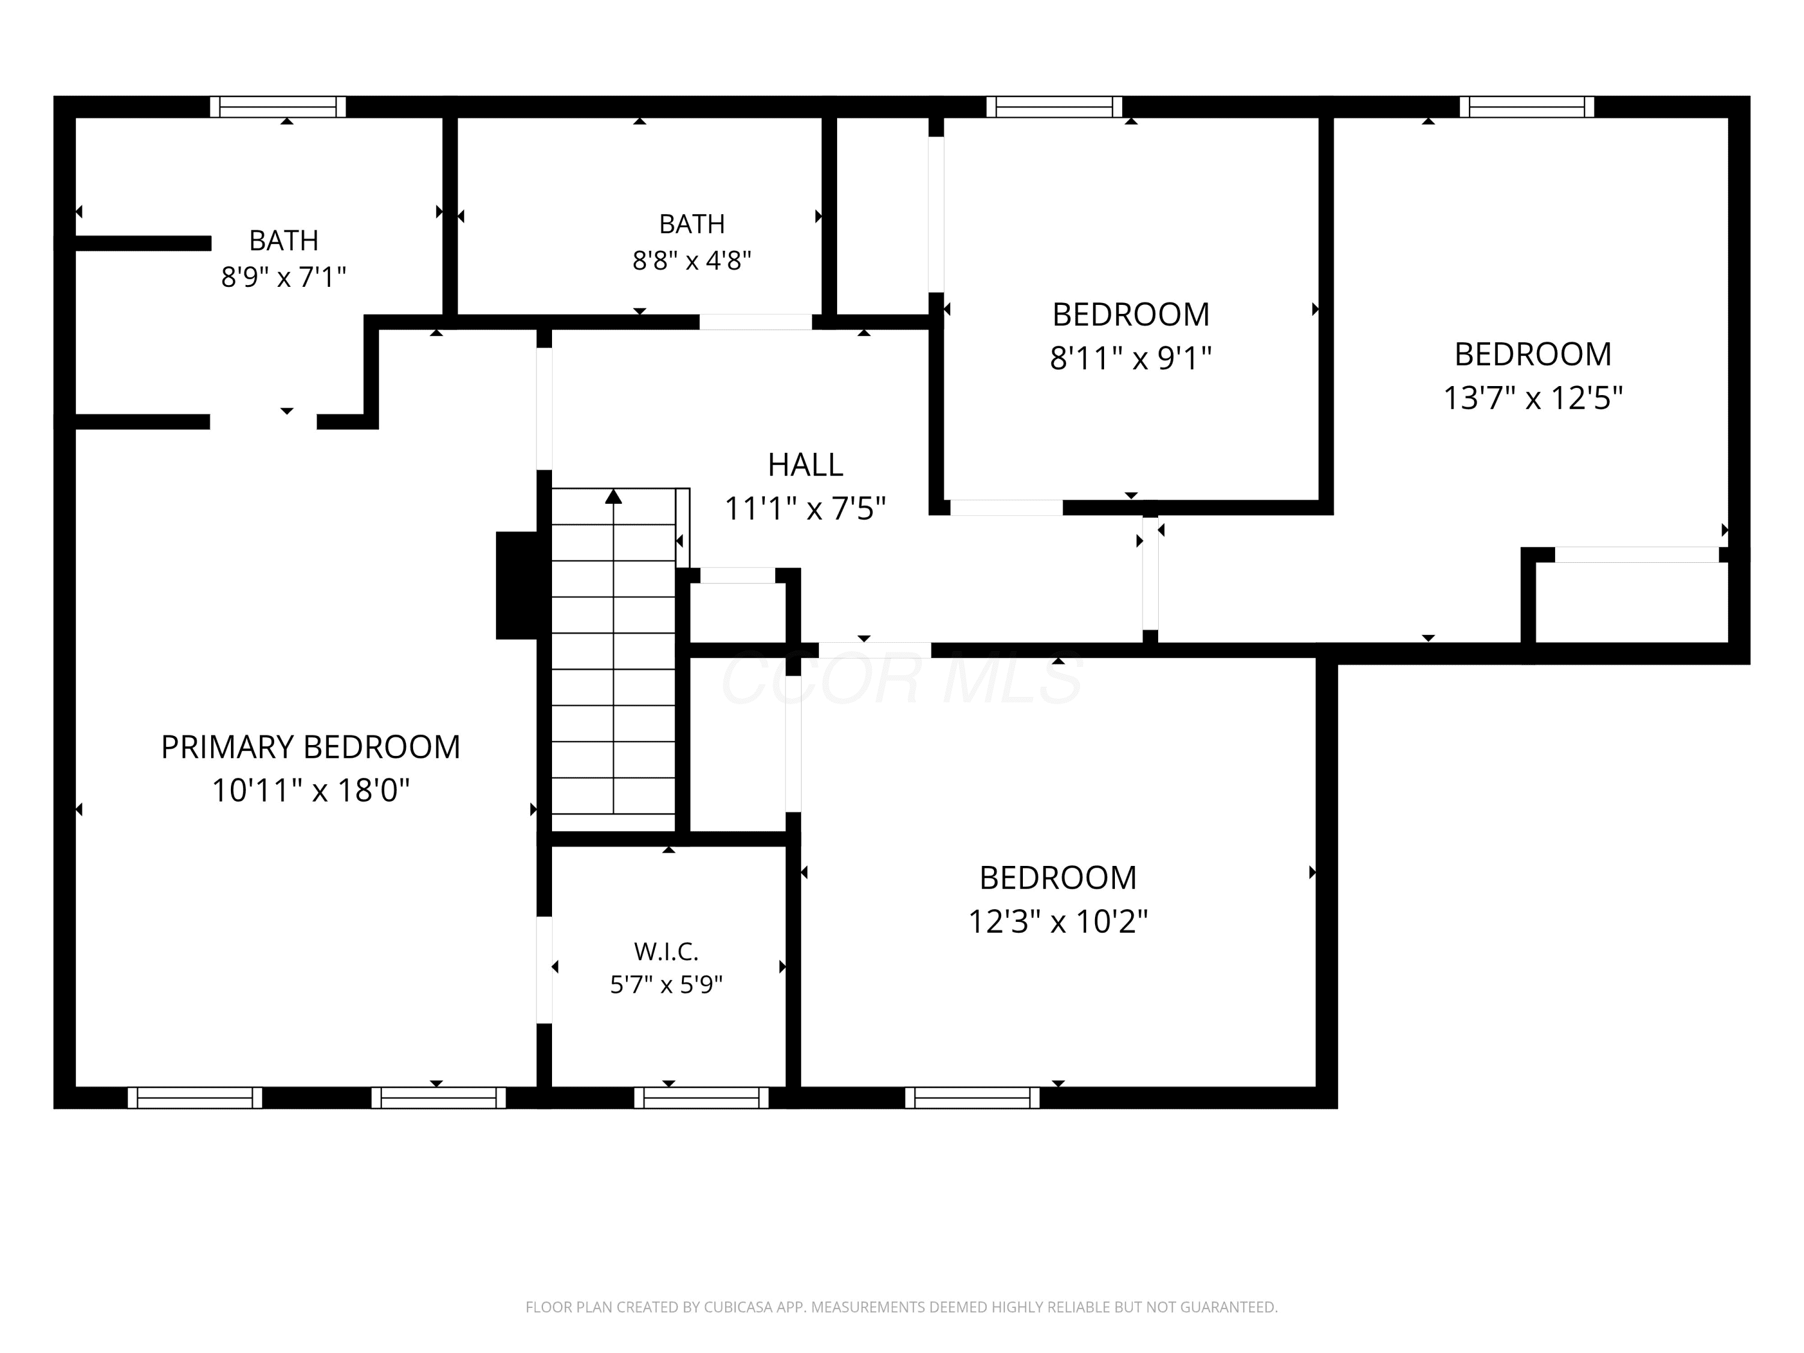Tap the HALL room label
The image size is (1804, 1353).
click(805, 465)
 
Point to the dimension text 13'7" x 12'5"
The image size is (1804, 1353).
click(1533, 398)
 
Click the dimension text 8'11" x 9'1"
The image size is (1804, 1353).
click(1131, 358)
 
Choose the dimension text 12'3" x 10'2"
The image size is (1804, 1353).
click(1058, 922)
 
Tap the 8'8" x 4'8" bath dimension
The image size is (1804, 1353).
click(692, 260)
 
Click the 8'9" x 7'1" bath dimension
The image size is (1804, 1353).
click(284, 277)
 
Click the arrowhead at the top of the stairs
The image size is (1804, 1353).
click(613, 496)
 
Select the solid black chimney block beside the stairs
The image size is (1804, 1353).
click(517, 586)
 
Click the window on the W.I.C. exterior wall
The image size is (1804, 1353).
click(701, 1097)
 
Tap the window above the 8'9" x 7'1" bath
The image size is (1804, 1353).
click(278, 107)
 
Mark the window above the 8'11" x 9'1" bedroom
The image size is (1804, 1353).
click(1055, 107)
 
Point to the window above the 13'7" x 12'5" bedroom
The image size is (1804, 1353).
click(1527, 107)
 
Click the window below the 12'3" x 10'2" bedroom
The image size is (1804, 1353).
click(972, 1097)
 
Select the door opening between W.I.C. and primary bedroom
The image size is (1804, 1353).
click(544, 970)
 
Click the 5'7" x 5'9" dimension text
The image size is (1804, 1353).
click(666, 985)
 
